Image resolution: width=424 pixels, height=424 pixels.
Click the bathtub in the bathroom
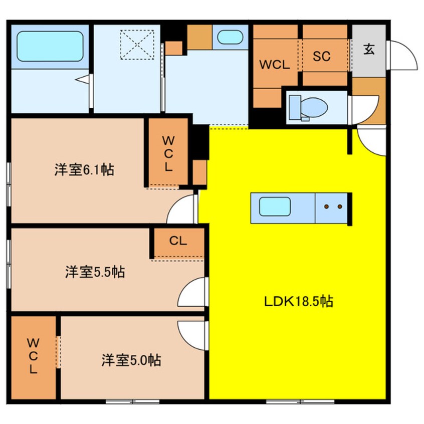pyautogui.click(x=50, y=46)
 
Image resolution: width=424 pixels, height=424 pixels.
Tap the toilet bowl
pyautogui.click(x=314, y=107)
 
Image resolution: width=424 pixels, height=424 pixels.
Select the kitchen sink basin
pyautogui.click(x=275, y=206)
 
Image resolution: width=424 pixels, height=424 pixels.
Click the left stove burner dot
pyautogui.click(x=327, y=206)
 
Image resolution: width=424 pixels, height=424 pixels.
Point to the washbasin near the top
pyautogui.click(x=230, y=37)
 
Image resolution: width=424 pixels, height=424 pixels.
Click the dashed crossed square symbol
pyautogui.click(x=137, y=44)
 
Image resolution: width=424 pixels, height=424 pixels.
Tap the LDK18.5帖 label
pyautogui.click(x=299, y=301)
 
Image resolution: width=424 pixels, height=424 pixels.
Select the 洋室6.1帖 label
pyautogui.click(x=84, y=170)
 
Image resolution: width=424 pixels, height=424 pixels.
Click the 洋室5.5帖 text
pyautogui.click(x=95, y=272)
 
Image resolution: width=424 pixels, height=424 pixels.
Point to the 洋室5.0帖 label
pyautogui.click(x=131, y=360)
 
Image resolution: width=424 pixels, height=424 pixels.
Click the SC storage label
pyautogui.click(x=322, y=56)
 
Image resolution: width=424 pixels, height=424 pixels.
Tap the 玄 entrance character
pyautogui.click(x=369, y=49)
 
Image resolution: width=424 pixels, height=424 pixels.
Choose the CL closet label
pyautogui.click(x=178, y=241)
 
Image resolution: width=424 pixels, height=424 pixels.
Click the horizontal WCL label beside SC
pyautogui.click(x=275, y=65)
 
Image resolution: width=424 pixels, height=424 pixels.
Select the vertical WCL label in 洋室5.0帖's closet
pyautogui.click(x=33, y=356)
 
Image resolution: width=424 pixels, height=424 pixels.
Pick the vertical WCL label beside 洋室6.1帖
pyautogui.click(x=168, y=153)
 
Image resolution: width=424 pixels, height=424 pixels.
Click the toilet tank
pyautogui.click(x=295, y=107)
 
